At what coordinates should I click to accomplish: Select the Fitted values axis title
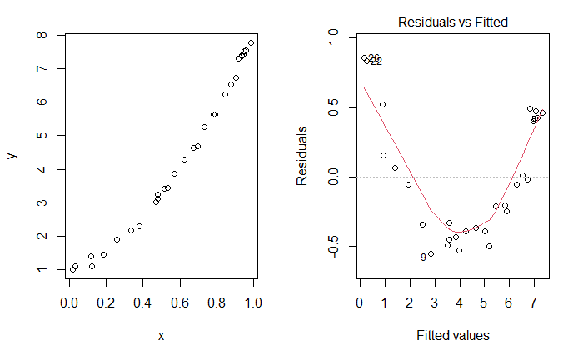pos(452,335)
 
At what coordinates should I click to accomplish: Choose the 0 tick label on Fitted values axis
pos(359,302)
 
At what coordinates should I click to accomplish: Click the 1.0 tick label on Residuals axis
pos(335,37)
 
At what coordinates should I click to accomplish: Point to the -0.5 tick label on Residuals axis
pos(335,247)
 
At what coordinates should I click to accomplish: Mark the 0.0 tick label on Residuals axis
pos(335,177)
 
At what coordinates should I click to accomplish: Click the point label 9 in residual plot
pos(423,257)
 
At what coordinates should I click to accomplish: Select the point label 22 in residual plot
pos(376,62)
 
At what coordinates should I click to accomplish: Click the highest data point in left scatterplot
pos(252,42)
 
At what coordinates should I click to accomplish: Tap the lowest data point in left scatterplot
pos(72,269)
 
